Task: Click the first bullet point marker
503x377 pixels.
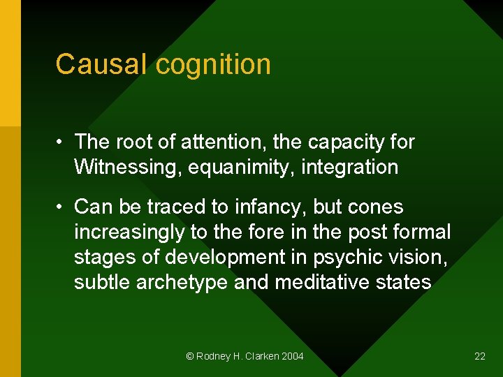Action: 61,142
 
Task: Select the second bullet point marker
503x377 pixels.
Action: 61,207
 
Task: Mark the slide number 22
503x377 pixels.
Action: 480,356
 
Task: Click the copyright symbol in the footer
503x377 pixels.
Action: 189,356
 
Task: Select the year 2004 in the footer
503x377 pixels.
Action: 293,356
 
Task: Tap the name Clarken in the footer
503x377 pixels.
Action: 261,356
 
